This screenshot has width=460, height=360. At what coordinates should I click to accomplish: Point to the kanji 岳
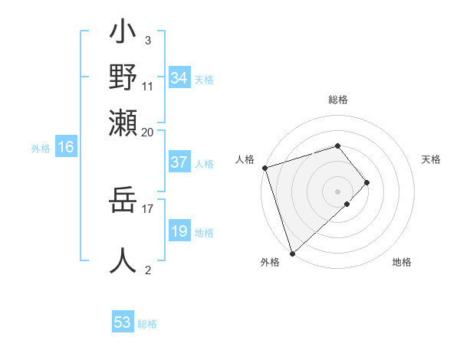(x=123, y=205)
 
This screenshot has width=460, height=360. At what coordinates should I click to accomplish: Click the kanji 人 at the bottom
(x=123, y=260)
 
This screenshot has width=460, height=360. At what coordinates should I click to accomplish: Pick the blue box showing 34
(x=179, y=78)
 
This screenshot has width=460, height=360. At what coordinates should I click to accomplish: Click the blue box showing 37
(x=179, y=162)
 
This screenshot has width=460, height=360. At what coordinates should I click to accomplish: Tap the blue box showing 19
(x=179, y=232)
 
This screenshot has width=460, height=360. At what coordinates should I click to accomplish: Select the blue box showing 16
(x=66, y=148)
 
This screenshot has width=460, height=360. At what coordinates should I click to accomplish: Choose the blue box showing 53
(x=123, y=322)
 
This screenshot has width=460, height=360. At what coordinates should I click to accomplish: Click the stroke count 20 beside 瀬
(x=148, y=131)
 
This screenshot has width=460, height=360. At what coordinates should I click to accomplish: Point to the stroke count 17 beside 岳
(x=148, y=208)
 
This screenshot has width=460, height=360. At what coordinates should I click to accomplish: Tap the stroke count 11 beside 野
(x=148, y=87)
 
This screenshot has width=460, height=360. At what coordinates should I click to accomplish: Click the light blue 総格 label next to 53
(x=147, y=324)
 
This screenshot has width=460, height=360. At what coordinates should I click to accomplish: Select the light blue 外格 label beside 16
(x=41, y=149)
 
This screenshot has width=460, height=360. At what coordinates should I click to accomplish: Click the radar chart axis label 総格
(x=338, y=100)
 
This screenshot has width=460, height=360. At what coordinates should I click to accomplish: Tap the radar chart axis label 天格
(x=432, y=159)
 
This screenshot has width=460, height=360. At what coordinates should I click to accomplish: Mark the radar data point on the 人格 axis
(x=264, y=167)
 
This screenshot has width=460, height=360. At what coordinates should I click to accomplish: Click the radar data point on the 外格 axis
(x=292, y=254)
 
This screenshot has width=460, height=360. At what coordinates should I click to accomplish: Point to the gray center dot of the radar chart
(x=338, y=191)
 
